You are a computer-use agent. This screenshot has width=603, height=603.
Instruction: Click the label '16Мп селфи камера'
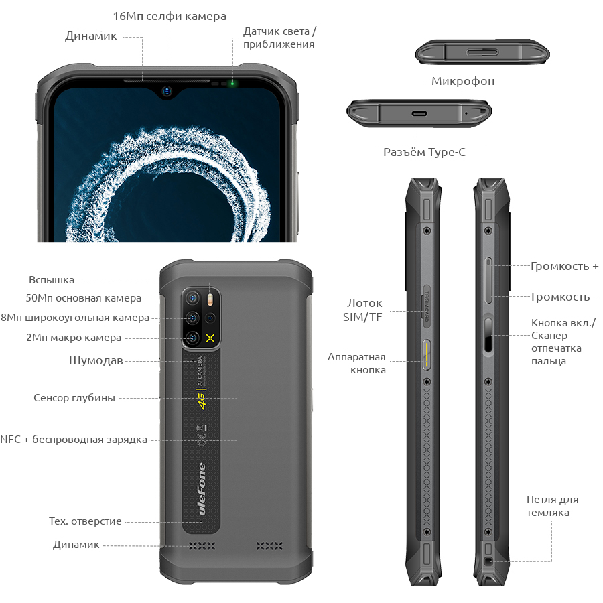[170, 17]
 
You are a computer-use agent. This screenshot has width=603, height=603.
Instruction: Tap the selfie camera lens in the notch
[167, 91]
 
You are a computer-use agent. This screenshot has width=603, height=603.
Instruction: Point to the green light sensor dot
[232, 84]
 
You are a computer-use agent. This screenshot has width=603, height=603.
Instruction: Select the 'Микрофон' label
[463, 82]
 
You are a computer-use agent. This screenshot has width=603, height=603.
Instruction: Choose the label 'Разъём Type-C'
[424, 152]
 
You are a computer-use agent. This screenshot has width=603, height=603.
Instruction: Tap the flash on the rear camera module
[210, 299]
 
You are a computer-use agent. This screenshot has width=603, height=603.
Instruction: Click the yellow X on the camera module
[210, 338]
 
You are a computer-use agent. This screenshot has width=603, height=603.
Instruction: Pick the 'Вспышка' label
[52, 280]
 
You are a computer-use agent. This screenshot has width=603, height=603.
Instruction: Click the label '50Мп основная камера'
[84, 298]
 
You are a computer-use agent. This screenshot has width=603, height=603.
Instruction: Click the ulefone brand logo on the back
[202, 488]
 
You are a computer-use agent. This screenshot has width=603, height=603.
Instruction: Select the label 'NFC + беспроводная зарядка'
[74, 440]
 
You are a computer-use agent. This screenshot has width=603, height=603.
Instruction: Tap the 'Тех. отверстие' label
[85, 521]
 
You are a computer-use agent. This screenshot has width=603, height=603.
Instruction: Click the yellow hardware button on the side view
[427, 354]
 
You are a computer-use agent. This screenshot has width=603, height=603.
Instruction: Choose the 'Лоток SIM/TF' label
[362, 310]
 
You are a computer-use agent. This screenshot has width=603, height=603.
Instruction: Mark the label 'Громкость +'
[565, 266]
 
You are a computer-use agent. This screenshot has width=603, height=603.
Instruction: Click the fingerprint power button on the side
[488, 334]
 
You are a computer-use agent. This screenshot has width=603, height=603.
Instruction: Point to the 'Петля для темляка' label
[552, 506]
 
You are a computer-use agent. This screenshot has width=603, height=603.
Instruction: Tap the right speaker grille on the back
[269, 545]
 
